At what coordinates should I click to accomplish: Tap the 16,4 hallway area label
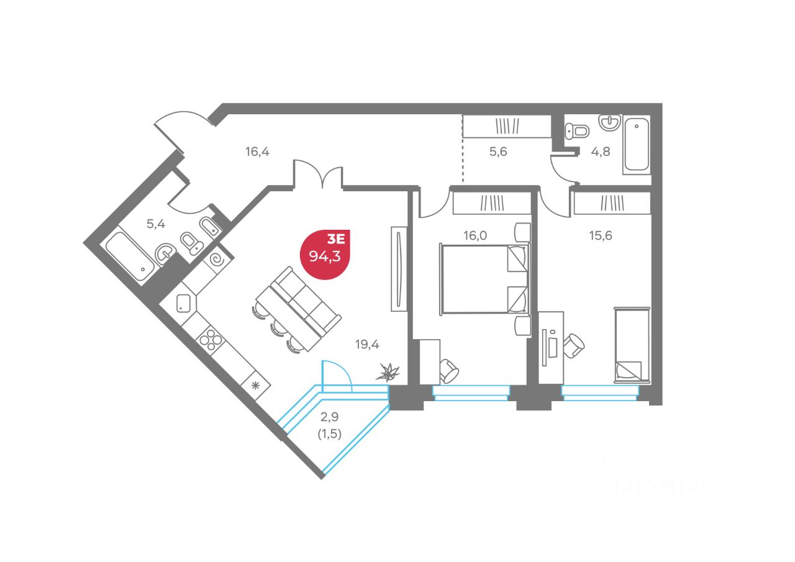click(256, 150)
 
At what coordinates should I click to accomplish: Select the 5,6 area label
click(498, 150)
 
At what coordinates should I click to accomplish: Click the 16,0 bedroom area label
click(475, 235)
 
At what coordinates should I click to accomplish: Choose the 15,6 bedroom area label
click(600, 235)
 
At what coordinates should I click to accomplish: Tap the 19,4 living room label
click(367, 344)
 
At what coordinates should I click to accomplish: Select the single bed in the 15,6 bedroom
click(632, 345)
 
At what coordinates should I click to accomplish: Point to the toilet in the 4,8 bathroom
click(578, 130)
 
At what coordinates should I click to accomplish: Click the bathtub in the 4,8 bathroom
click(637, 144)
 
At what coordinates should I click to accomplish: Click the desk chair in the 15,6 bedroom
click(575, 345)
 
